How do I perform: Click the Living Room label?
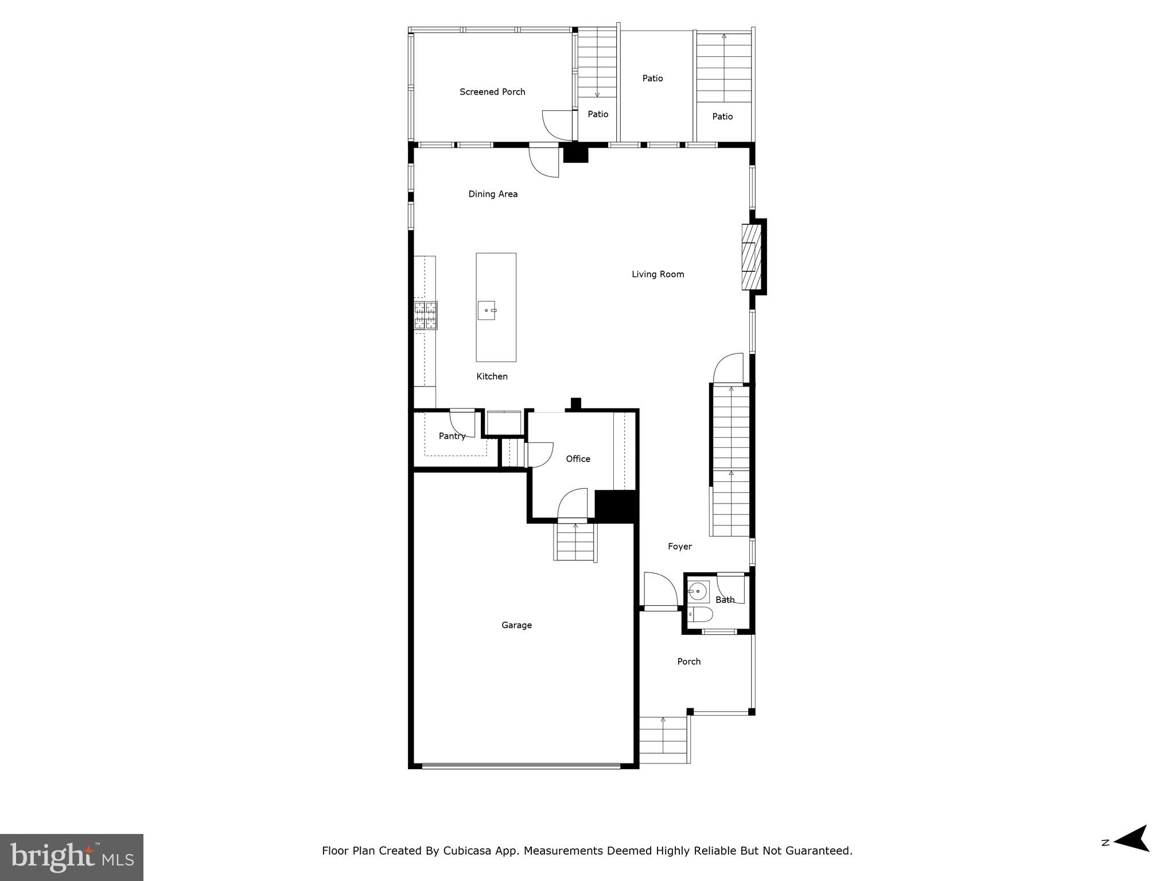657,274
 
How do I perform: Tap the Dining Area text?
493,194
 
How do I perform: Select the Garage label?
516,625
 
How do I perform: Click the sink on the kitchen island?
487,310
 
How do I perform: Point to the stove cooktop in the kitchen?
426,315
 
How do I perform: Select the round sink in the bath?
698,590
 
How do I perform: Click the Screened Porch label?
492,92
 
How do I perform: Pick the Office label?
578,459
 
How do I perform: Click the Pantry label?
452,436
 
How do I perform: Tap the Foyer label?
679,547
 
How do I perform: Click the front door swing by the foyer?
660,589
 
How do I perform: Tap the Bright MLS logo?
72,857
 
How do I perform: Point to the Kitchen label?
492,376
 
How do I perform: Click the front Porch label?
688,661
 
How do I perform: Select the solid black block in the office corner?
616,506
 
